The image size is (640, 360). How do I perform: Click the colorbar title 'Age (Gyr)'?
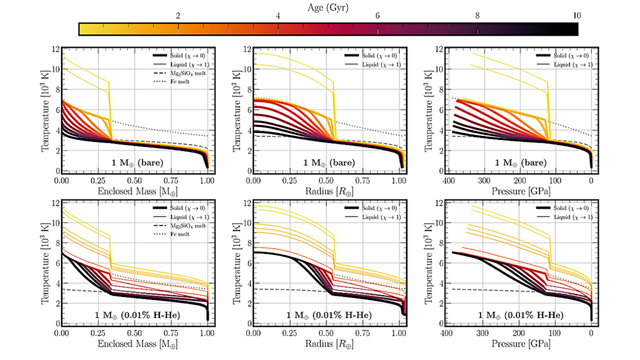328,8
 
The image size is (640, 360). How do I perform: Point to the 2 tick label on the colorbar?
179,17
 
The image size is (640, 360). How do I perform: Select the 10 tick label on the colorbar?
576,17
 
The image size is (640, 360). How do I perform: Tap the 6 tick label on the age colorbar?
377,17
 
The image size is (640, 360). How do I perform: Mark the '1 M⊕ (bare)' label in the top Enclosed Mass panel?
137,162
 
